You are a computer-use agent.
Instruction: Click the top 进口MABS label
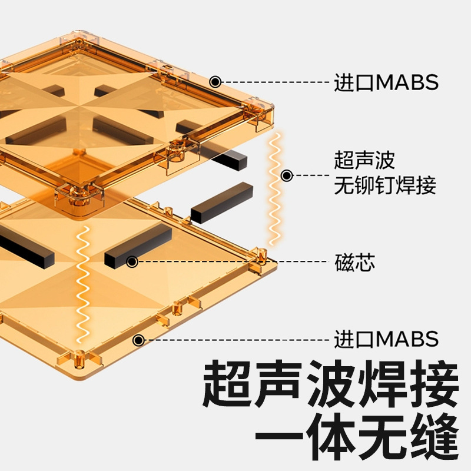(x=386, y=82)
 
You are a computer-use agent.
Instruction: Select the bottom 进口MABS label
(x=386, y=340)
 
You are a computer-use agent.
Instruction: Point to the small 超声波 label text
(x=364, y=160)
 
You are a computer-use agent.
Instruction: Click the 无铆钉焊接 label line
(x=385, y=187)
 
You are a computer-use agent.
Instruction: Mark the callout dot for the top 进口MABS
(x=215, y=82)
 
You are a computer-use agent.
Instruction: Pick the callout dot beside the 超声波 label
(x=287, y=175)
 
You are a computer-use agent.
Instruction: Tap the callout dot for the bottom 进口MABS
(x=139, y=340)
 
